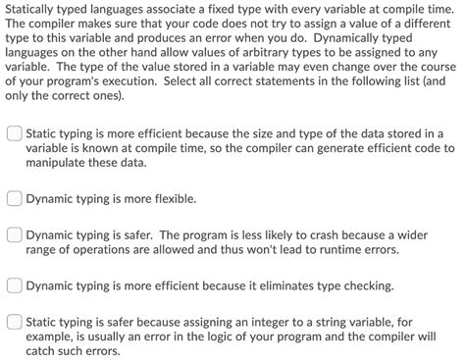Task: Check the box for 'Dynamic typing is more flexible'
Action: pos(14,197)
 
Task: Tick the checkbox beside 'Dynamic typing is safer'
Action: pos(14,235)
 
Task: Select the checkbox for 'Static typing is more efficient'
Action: pos(14,133)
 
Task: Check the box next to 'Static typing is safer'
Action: pos(14,321)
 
